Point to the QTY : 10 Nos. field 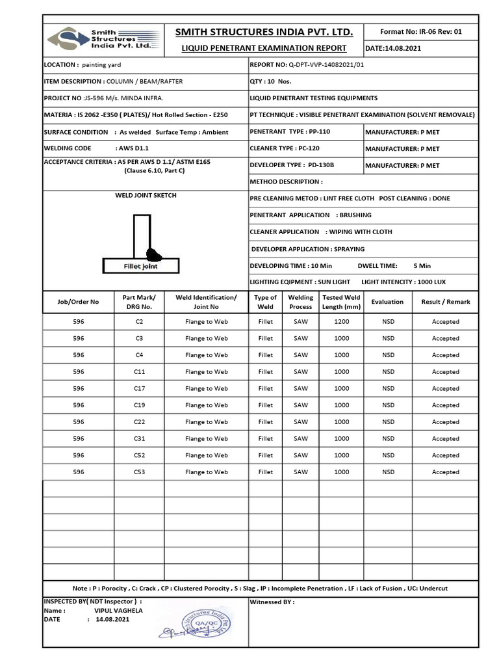click(x=271, y=81)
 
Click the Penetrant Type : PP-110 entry click(x=290, y=132)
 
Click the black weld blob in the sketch click(x=155, y=254)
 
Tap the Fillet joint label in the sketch click(x=140, y=267)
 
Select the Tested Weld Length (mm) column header click(x=341, y=302)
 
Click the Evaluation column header click(x=387, y=302)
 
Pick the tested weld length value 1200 click(x=341, y=322)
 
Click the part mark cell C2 click(x=139, y=322)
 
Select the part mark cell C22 click(x=139, y=422)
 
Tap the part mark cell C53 click(x=139, y=472)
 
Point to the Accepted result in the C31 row click(x=445, y=439)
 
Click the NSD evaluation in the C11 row click(x=388, y=372)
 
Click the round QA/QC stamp click(x=209, y=624)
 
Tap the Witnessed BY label click(x=272, y=602)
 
